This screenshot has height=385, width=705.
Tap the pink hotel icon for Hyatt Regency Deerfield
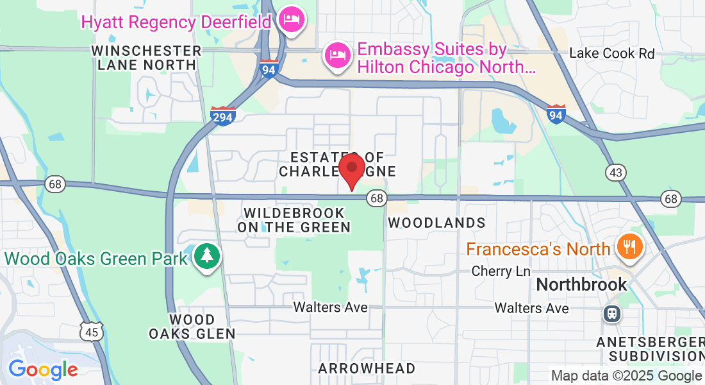(x=292, y=19)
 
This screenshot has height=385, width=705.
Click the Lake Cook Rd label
(x=611, y=53)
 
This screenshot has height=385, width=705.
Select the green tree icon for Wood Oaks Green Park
(x=207, y=257)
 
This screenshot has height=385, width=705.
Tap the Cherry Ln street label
(x=501, y=271)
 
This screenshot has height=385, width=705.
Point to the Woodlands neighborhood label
(x=436, y=223)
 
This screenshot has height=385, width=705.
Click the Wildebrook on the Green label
(x=294, y=219)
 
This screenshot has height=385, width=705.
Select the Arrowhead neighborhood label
(x=367, y=368)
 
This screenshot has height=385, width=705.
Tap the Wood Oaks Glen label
(x=192, y=326)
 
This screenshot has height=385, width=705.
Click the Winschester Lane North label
(x=147, y=57)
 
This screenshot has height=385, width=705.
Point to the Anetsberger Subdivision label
(x=651, y=348)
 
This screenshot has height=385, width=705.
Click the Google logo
(x=43, y=370)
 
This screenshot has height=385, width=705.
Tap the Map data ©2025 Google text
(x=626, y=376)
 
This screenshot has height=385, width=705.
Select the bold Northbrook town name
(x=581, y=284)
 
